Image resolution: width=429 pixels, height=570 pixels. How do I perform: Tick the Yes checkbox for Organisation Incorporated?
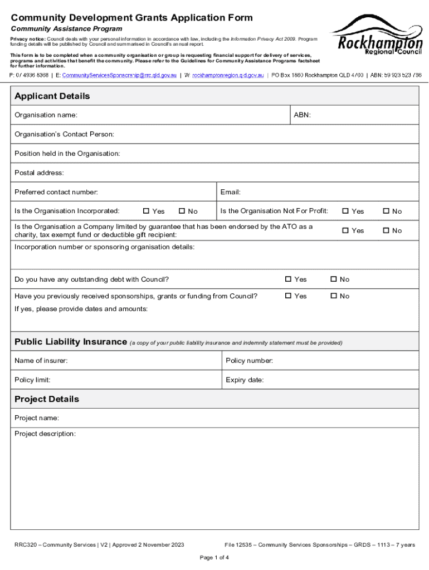(147, 211)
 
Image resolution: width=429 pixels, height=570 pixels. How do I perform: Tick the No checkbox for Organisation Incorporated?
(182, 211)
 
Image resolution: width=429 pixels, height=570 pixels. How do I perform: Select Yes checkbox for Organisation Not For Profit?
(345, 211)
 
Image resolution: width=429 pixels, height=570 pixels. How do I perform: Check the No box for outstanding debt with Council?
(334, 279)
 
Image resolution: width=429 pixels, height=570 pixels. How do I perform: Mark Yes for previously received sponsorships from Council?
(288, 296)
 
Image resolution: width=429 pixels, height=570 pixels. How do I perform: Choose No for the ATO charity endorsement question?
(386, 230)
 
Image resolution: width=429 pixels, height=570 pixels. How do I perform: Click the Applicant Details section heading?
(52, 96)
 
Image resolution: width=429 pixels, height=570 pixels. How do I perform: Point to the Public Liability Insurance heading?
(71, 342)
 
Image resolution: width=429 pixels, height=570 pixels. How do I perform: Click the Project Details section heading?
(47, 399)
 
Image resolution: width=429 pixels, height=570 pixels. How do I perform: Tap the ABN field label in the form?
(302, 115)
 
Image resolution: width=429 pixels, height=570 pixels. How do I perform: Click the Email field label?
(230, 192)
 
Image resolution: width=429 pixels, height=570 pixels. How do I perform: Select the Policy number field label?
(249, 361)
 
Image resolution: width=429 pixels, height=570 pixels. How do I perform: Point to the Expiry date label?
(245, 380)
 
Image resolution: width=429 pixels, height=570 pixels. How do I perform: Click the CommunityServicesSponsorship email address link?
(119, 75)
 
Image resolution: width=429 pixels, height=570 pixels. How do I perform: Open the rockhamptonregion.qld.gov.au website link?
(228, 75)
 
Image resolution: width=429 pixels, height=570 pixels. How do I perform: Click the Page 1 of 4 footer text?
(214, 557)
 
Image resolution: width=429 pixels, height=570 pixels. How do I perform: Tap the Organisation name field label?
(46, 115)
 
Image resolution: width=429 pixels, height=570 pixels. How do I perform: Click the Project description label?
(45, 434)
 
